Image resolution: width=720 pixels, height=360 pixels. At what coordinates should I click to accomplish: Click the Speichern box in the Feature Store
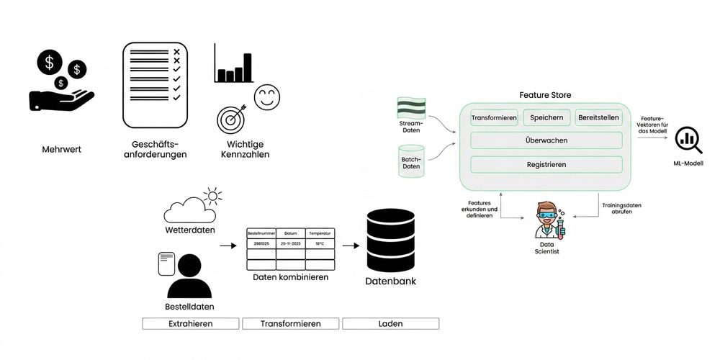[546, 117]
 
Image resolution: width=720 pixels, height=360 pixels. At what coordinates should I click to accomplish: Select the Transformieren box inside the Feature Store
[494, 117]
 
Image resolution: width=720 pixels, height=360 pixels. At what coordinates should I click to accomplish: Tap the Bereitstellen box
[599, 117]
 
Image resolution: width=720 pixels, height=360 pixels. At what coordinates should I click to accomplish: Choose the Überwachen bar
[546, 140]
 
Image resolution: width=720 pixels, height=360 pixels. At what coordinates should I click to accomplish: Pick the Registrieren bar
[546, 164]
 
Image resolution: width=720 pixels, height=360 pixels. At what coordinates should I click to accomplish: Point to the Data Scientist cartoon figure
[549, 220]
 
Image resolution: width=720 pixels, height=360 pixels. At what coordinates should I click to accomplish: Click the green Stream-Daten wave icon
[411, 109]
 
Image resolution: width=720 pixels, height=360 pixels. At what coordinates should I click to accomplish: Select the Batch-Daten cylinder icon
[411, 161]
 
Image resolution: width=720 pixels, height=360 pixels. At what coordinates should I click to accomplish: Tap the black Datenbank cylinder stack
[391, 240]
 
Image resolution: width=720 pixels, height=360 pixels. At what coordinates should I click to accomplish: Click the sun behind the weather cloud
[212, 196]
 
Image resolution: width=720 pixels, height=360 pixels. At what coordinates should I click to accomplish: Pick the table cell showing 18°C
[320, 243]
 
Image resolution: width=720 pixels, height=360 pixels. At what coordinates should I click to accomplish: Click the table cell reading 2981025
[261, 243]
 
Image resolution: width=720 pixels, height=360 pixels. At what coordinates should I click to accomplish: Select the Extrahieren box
[191, 324]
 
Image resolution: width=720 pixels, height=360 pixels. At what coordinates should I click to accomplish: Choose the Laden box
[391, 324]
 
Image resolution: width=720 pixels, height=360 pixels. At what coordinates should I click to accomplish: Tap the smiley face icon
[267, 97]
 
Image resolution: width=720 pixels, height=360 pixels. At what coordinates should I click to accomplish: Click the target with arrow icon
[232, 119]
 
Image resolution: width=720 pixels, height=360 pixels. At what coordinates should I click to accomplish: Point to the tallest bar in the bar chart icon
[248, 68]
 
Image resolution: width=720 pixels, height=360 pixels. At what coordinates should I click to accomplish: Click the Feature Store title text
[546, 96]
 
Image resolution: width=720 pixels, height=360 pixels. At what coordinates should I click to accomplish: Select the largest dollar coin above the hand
[50, 62]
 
